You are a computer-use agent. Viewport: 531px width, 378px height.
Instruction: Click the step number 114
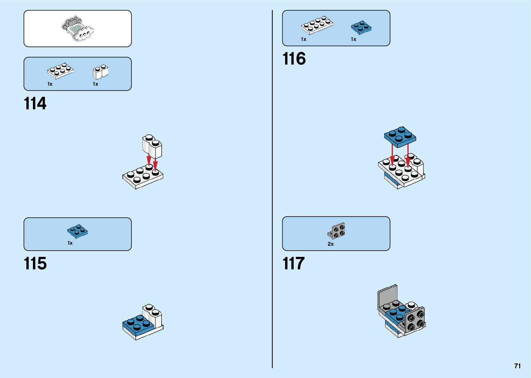(35, 104)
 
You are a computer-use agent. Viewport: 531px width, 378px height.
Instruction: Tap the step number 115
(35, 264)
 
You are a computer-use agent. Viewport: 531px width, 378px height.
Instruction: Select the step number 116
(294, 59)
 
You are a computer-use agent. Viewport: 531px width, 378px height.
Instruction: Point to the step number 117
(293, 264)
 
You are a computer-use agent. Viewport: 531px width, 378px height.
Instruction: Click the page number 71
(517, 366)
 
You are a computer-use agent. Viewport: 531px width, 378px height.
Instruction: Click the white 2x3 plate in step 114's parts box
(60, 71)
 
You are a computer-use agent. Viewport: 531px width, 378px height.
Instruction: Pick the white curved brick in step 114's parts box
(100, 72)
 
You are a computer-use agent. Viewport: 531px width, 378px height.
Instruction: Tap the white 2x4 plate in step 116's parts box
(317, 26)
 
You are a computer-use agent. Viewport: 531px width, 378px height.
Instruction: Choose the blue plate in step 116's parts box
(361, 27)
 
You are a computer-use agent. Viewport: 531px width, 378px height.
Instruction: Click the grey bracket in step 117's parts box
(336, 231)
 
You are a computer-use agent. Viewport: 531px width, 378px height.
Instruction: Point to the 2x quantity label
(331, 244)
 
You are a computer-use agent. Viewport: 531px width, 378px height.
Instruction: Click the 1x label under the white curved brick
(95, 84)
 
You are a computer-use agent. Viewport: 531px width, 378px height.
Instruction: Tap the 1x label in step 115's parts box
(70, 243)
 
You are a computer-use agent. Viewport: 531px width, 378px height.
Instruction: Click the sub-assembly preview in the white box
(78, 29)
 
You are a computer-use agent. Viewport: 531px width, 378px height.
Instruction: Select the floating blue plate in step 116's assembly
(400, 136)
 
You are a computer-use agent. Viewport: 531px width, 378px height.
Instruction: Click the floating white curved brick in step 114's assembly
(152, 146)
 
